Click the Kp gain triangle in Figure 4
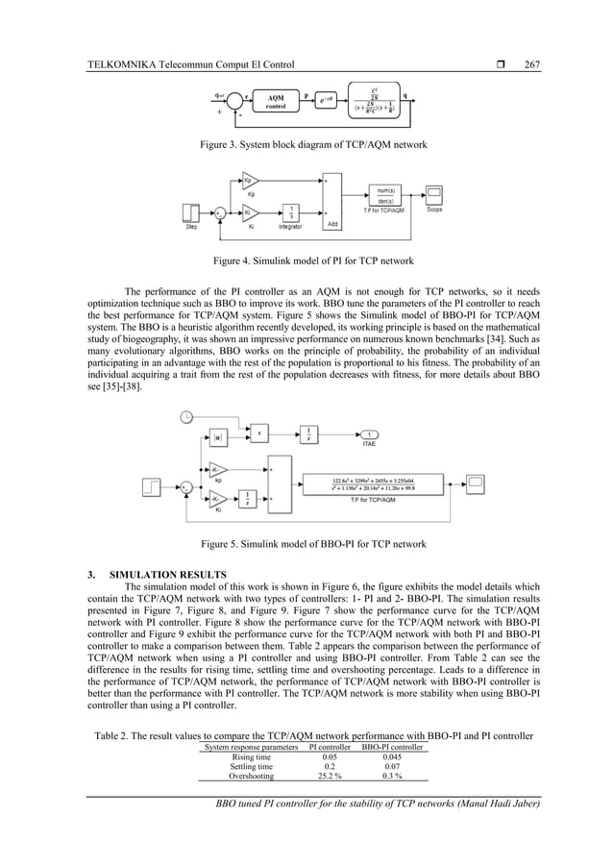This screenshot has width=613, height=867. (249, 180)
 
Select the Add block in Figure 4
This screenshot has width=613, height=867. (331, 202)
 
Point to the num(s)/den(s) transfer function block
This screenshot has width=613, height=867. (385, 195)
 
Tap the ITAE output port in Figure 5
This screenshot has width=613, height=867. (370, 433)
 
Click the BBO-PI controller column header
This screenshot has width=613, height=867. (393, 746)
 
